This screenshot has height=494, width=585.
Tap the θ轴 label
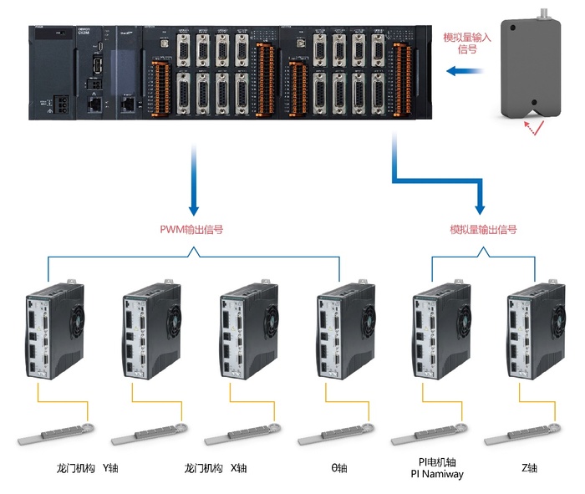point(339,468)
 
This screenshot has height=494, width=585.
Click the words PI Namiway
point(435,474)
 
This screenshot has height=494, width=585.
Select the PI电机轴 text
point(435,462)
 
